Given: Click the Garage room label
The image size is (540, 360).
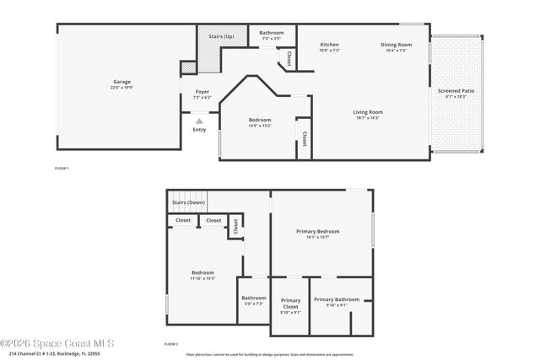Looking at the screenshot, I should pos(121,82).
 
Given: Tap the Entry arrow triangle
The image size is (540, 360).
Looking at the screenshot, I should pos(199,121).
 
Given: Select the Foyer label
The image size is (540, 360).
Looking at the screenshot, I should pos(202,91).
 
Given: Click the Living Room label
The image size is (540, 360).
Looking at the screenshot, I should pos(368,111).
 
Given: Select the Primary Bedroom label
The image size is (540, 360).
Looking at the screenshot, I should pos(317,231).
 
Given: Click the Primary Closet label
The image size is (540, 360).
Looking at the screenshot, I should pos(290,304).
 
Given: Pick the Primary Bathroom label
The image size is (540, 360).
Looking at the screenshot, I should pos(337,299).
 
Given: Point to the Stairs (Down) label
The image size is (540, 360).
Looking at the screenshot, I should pos(188,202).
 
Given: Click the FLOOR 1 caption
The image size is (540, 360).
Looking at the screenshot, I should pos(61,169).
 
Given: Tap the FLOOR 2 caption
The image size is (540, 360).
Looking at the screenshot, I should pos(170,343).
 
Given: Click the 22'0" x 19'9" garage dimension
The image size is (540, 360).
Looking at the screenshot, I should pos(121,88).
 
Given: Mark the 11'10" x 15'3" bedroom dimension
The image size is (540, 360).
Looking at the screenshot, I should pos(202,278).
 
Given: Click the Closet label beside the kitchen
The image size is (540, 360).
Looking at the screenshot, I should pos(289,58).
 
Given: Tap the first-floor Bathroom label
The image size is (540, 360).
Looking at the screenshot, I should pos(272,33).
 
